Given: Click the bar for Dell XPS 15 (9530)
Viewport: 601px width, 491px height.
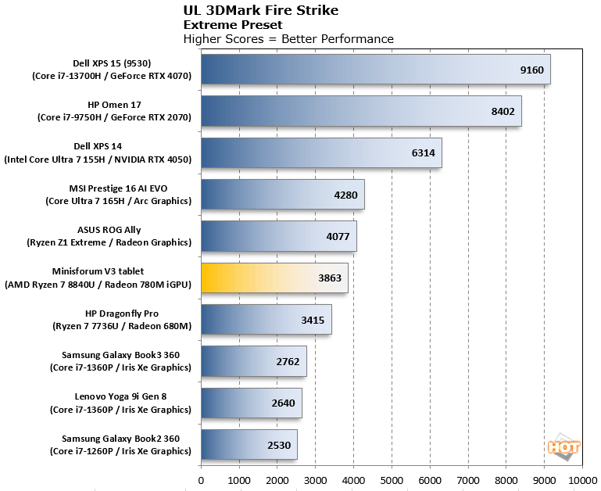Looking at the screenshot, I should coord(375,69).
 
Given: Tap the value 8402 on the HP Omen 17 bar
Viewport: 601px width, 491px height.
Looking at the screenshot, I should coord(503,111).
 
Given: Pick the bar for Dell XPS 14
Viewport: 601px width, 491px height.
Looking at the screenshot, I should coord(321,152).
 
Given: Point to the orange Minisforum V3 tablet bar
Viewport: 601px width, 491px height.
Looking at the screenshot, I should coord(274,278).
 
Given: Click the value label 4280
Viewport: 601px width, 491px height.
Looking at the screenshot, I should coord(346,195).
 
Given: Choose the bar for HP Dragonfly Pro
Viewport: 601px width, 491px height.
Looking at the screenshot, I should coord(266,319).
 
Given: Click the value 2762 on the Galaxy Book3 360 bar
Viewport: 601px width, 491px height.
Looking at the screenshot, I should coord(288,361).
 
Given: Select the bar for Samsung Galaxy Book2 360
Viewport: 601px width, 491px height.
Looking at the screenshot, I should coord(249,444).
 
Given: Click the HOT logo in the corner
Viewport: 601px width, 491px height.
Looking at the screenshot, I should coord(563,448).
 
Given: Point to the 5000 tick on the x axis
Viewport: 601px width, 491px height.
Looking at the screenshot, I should coord(392,481).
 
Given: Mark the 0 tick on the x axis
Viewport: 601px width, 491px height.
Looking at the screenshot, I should coord(202,481).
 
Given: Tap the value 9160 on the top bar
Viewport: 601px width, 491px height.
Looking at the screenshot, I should coord(532,70).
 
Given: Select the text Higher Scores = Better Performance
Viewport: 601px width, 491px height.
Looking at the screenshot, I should coord(288,39).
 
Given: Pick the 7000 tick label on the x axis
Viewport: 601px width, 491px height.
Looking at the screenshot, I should coord(468,481).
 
